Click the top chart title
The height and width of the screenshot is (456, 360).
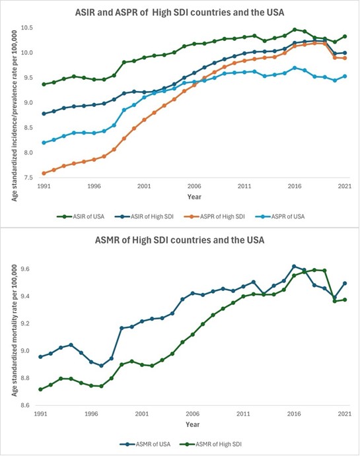180,13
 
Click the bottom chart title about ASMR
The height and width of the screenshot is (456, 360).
180,240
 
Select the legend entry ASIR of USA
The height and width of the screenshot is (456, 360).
81,216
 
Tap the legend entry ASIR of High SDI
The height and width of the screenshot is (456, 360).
144,216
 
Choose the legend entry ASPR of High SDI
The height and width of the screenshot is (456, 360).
215,216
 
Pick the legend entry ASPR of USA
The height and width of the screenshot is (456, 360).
279,216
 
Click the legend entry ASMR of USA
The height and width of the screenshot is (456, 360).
145,444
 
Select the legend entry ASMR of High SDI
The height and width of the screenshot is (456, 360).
211,444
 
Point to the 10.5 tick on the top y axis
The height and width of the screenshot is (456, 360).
27,28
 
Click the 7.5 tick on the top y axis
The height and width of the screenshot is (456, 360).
28,178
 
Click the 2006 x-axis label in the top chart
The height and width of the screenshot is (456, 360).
194,186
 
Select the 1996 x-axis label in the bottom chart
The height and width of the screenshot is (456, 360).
90,414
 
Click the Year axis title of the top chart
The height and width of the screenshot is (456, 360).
194,197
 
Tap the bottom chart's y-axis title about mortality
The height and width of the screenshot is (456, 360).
15,331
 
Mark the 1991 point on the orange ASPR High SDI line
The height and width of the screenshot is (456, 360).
44,174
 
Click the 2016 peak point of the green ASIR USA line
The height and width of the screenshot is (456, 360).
295,30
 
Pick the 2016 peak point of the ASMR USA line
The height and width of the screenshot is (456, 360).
294,267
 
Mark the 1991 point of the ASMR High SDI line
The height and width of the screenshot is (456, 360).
40,389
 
